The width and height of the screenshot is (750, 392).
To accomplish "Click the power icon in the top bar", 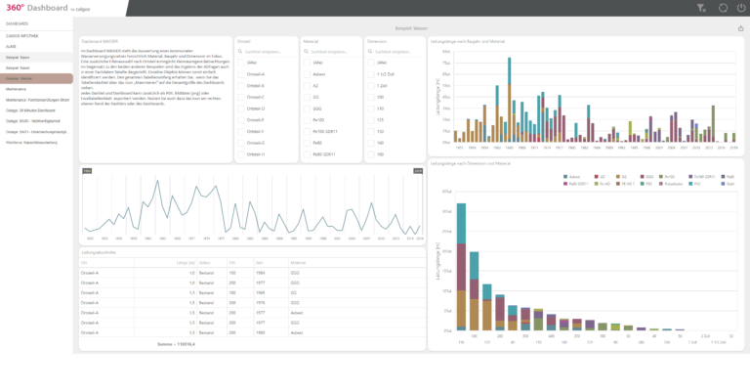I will (740, 8).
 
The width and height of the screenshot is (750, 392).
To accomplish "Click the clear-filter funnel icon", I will (700, 8).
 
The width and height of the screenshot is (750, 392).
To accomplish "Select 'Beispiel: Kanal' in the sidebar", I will (19, 67).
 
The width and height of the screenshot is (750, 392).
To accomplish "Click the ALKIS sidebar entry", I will (11, 46).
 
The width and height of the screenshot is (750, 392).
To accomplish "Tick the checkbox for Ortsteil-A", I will (243, 74).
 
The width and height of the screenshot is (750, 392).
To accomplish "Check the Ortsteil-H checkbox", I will (243, 153).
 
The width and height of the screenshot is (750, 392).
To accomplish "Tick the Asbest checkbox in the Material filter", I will (307, 74).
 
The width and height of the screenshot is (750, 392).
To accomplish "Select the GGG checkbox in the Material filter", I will (307, 108).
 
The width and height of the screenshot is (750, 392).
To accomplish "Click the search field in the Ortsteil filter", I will (269, 51).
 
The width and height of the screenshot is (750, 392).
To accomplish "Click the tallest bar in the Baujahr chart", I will (509, 98).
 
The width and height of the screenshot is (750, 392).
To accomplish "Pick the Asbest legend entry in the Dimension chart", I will (570, 176).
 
